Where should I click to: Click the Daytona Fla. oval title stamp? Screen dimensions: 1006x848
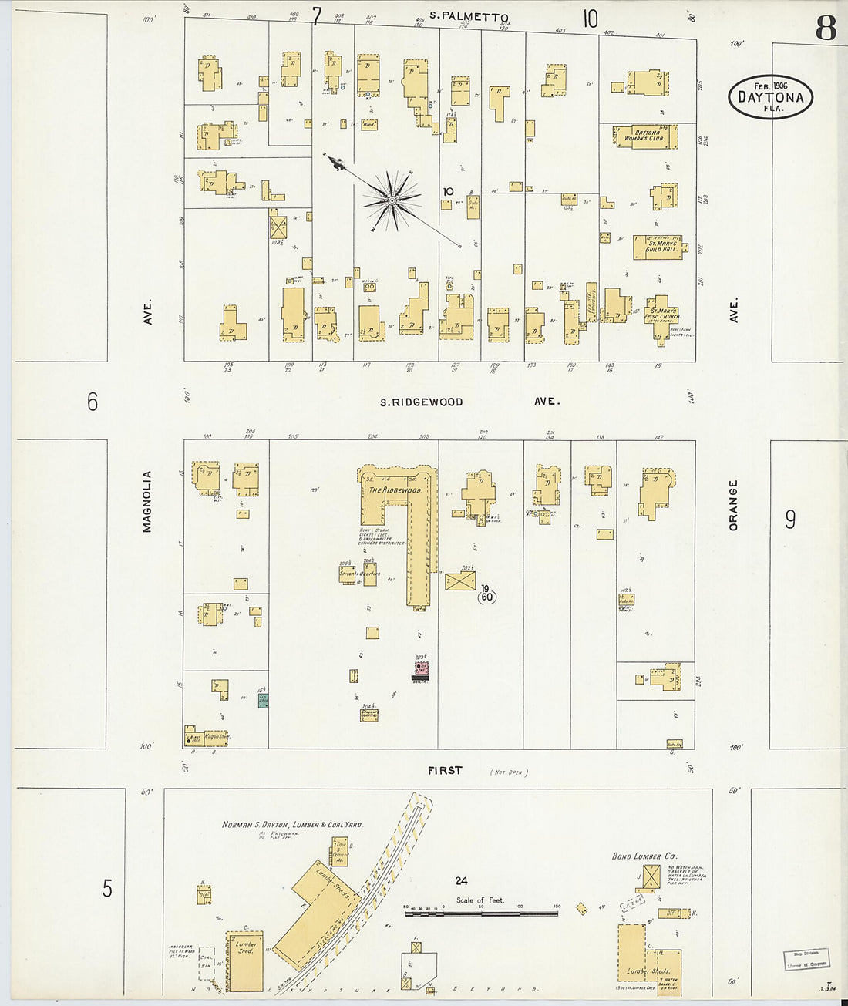(x=769, y=97)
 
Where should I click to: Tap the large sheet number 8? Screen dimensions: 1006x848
(x=825, y=29)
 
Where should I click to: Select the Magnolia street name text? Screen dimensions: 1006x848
(x=146, y=501)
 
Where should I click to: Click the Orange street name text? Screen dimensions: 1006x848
(x=733, y=505)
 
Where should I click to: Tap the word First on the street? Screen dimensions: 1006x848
(x=445, y=769)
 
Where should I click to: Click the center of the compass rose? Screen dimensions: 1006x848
(x=392, y=200)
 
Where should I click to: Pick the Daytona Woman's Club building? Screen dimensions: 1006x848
(x=646, y=136)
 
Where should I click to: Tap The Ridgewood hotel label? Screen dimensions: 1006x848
(x=394, y=490)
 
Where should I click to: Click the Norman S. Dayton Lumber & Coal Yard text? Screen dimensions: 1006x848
(x=292, y=824)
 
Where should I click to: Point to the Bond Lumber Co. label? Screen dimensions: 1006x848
(x=644, y=856)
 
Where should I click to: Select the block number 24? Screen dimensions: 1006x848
(x=461, y=881)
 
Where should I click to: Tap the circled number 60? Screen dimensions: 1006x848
(x=486, y=597)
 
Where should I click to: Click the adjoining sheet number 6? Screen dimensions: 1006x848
(x=93, y=402)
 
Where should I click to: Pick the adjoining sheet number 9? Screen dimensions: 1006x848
(x=790, y=520)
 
